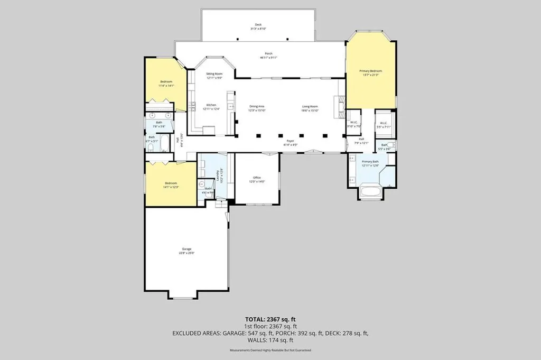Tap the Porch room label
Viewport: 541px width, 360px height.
(x=268, y=54)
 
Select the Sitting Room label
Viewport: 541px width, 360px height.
(x=214, y=74)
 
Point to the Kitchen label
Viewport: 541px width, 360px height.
(x=211, y=105)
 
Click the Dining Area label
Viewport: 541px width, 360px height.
(x=257, y=107)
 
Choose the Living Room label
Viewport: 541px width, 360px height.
(x=310, y=107)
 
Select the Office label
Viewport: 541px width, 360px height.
(x=257, y=178)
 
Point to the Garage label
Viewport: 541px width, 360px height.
(x=186, y=249)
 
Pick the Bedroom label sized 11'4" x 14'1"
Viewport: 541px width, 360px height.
(x=166, y=82)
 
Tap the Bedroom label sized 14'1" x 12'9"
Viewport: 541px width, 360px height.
(x=170, y=184)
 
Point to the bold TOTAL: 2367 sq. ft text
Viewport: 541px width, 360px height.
(x=270, y=319)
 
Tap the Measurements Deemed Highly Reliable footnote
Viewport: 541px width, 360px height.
(x=270, y=350)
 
